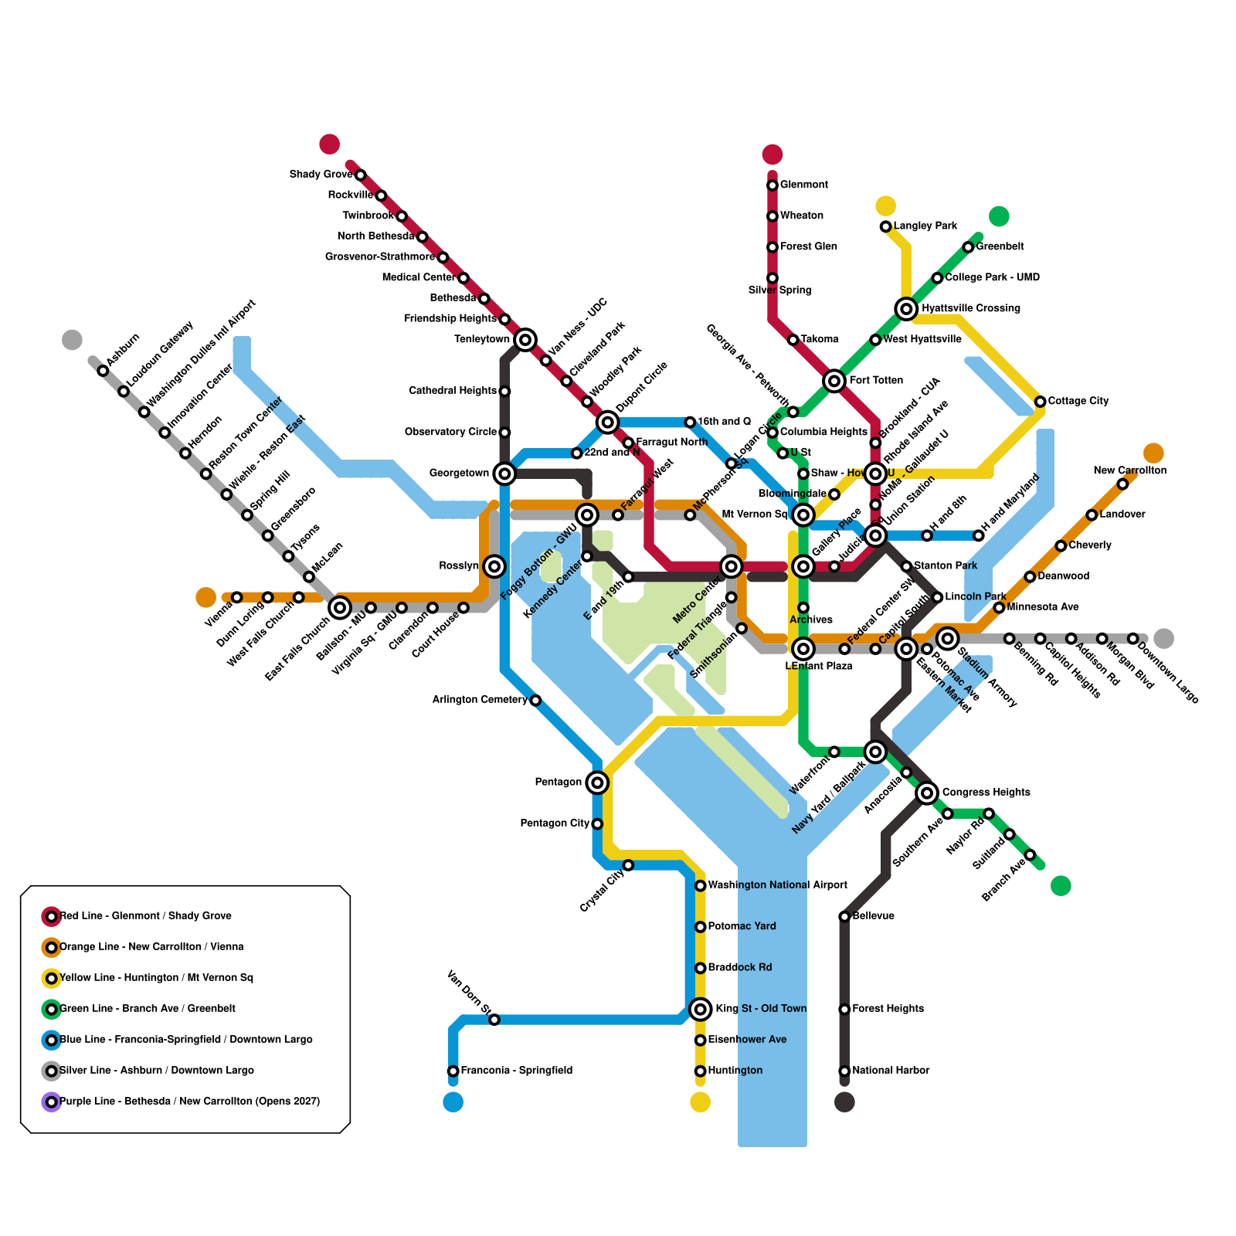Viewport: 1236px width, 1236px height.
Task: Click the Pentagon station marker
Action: tap(596, 783)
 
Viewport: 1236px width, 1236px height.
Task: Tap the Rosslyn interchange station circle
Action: tap(494, 566)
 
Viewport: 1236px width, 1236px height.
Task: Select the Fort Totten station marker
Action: tap(834, 381)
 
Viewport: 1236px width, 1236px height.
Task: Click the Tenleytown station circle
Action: tap(525, 339)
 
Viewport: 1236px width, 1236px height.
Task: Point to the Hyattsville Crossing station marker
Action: tap(906, 309)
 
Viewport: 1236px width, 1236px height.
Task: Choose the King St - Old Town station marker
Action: tap(700, 1009)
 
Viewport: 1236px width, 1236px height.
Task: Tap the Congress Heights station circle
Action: tap(927, 793)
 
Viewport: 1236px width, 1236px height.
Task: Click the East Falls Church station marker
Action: tap(340, 608)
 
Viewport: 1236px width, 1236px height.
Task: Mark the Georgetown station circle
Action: tap(504, 474)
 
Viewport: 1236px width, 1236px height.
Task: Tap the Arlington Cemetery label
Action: tap(480, 700)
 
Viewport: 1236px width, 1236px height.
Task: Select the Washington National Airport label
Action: tap(777, 885)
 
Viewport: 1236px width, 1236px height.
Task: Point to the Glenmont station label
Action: tap(803, 185)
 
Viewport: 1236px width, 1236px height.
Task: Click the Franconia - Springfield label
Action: tap(516, 1071)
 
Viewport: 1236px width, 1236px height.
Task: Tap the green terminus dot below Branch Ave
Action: tap(1061, 885)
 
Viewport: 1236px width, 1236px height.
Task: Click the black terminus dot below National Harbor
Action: tap(844, 1102)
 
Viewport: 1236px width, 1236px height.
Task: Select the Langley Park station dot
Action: tap(885, 226)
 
